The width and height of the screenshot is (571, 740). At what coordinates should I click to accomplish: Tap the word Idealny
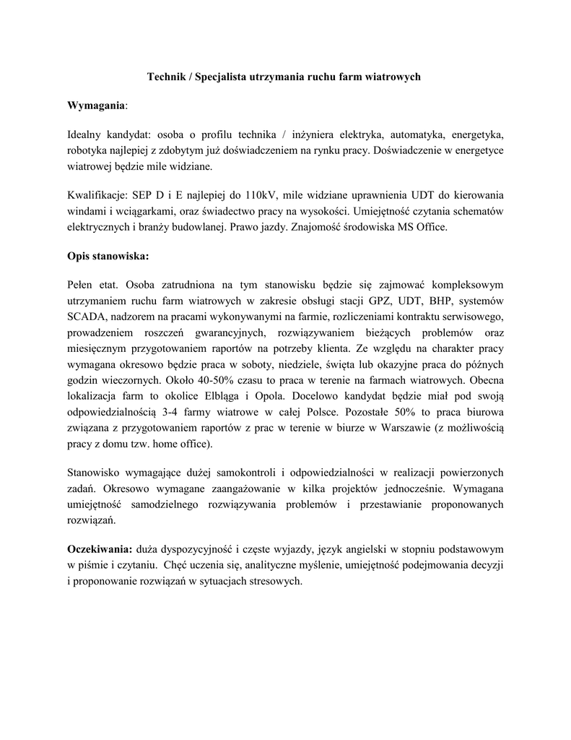pos(86,135)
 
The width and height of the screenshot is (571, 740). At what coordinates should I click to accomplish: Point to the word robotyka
pos(88,150)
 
